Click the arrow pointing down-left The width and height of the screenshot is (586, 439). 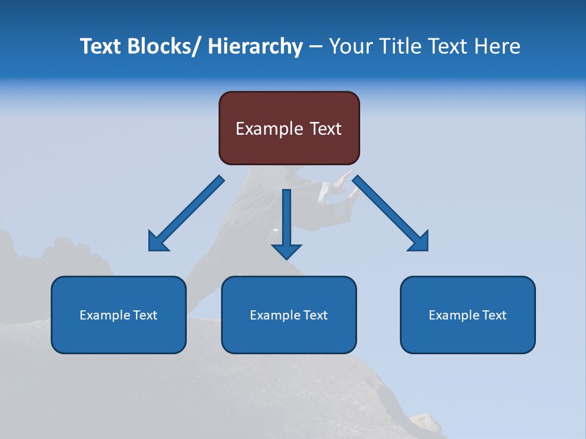(189, 211)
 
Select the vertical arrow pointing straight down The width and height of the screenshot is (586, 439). (286, 220)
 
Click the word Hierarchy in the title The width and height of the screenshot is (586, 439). (255, 46)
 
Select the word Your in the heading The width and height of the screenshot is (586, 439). (350, 46)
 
